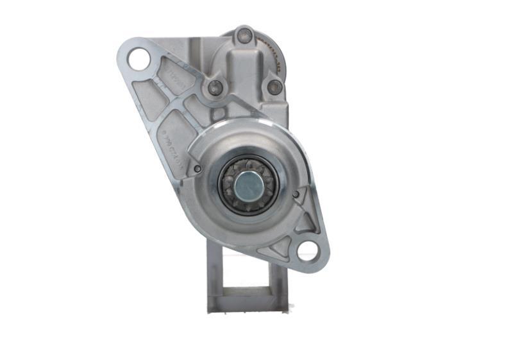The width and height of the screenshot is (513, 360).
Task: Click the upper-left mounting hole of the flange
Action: tap(139, 60)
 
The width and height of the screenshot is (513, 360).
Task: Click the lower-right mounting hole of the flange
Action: tap(308, 252)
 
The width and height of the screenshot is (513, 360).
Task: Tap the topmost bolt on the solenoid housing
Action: tap(244, 36)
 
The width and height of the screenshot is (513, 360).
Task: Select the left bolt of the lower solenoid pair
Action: tap(215, 87)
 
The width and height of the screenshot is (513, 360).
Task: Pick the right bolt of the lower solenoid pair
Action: tap(274, 87)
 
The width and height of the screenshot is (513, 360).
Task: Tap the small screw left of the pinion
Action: tap(198, 169)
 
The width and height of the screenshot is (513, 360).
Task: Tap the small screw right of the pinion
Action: tap(296, 193)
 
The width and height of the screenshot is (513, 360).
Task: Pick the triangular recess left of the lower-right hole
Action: tap(283, 246)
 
